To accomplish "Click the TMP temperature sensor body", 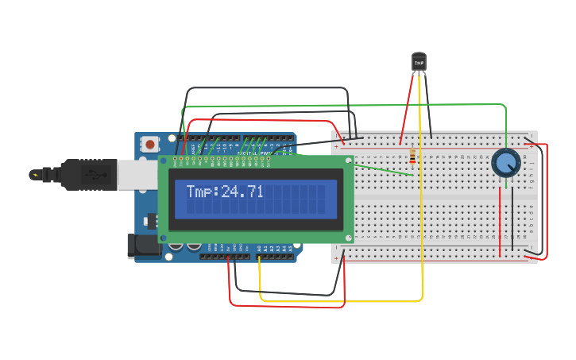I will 419,61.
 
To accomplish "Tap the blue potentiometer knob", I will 505,163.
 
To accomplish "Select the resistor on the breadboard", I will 412,157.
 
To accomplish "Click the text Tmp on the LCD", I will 201,192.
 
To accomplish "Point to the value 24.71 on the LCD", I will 242,192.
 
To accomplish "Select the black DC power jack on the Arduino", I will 145,246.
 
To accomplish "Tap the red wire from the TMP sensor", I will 408,107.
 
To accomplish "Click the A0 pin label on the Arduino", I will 259,249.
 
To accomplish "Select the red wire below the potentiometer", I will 500,223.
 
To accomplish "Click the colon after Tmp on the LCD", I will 217,192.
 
